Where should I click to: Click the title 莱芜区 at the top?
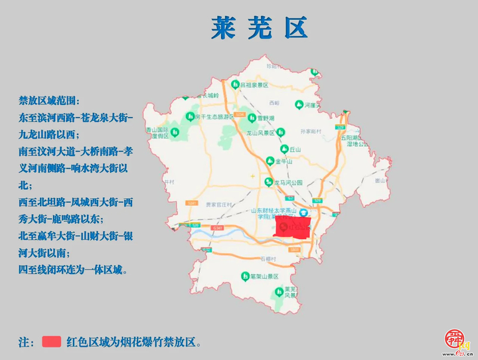[260, 29]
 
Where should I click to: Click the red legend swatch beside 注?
[52, 342]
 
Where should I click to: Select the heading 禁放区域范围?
[49, 101]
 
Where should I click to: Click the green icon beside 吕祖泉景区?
[235, 84]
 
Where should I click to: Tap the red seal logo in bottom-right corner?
[456, 339]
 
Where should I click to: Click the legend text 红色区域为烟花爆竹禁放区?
[133, 343]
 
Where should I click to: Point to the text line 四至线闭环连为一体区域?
[73, 270]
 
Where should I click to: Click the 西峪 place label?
[275, 103]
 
